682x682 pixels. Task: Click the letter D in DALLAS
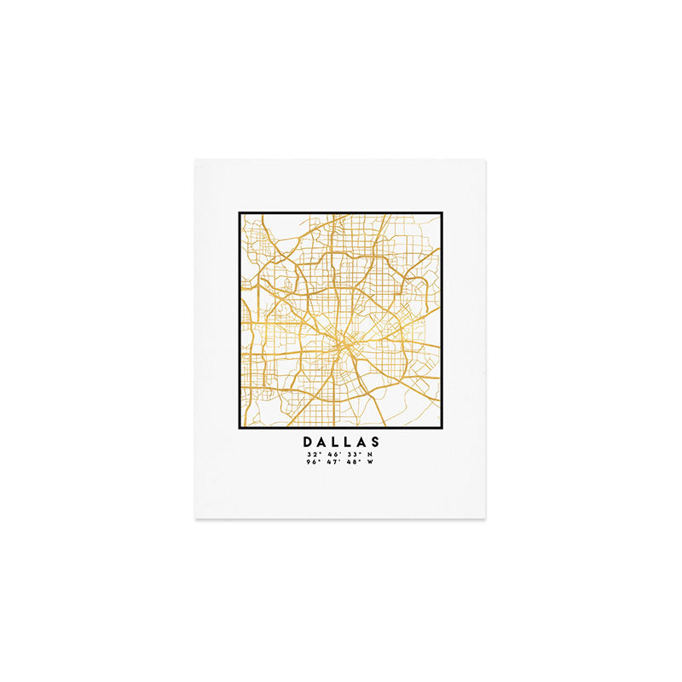point(308,442)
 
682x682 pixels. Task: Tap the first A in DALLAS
point(322,442)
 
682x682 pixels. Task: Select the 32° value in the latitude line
point(313,455)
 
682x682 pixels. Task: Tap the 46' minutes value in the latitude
point(332,455)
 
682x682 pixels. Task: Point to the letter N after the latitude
point(369,455)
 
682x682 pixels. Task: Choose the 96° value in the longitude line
point(313,464)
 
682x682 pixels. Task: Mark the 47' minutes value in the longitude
point(332,464)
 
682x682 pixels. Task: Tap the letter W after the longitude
point(370,464)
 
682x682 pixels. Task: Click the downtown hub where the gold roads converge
point(344,344)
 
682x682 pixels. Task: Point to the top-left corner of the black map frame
point(240,213)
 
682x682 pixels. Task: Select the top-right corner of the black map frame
point(442,213)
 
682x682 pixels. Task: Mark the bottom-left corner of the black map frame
point(240,427)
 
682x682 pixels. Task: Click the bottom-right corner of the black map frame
point(442,427)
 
